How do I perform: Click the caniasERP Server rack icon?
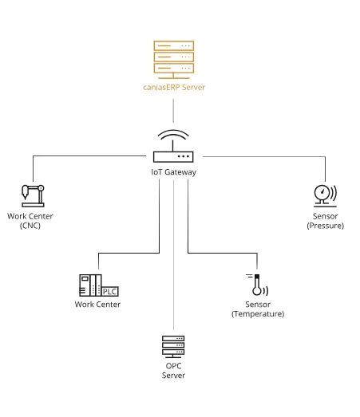coord(173,60)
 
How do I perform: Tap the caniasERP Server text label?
coord(174,87)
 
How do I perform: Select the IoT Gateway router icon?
coord(173,146)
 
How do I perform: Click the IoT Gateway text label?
coord(173,172)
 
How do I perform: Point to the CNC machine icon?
coord(33,195)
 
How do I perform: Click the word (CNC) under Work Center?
coord(30,226)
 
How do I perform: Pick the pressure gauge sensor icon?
coord(325,195)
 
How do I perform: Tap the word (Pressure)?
coord(326,226)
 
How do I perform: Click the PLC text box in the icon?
coord(110,292)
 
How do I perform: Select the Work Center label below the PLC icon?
coord(97,305)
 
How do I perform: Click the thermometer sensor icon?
coord(257,285)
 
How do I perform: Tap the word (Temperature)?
coord(258,314)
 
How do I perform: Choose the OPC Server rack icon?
coord(173,347)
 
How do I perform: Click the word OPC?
coord(173,366)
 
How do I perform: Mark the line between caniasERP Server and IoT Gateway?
coord(173,111)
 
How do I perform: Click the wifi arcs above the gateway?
coord(173,133)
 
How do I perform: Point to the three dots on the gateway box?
coord(184,156)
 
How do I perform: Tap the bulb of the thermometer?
coord(257,291)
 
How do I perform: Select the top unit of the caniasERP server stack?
coord(173,45)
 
